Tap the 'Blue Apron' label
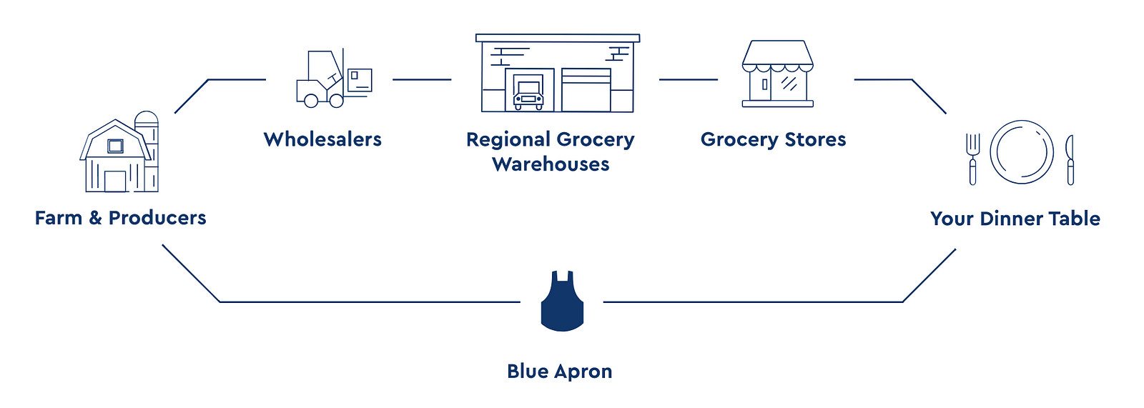[559, 372]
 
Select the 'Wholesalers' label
[322, 139]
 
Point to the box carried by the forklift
[360, 79]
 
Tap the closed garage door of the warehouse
[586, 91]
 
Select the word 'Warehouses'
[551, 164]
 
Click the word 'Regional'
[508, 139]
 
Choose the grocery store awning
[777, 56]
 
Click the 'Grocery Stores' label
[773, 139]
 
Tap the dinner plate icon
[1021, 152]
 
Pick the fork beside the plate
[972, 159]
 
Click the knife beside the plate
[1070, 159]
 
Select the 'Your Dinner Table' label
[1015, 219]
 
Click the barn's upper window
[115, 146]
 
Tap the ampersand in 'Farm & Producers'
[95, 218]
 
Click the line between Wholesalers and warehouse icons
[422, 79]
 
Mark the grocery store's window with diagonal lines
[789, 83]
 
